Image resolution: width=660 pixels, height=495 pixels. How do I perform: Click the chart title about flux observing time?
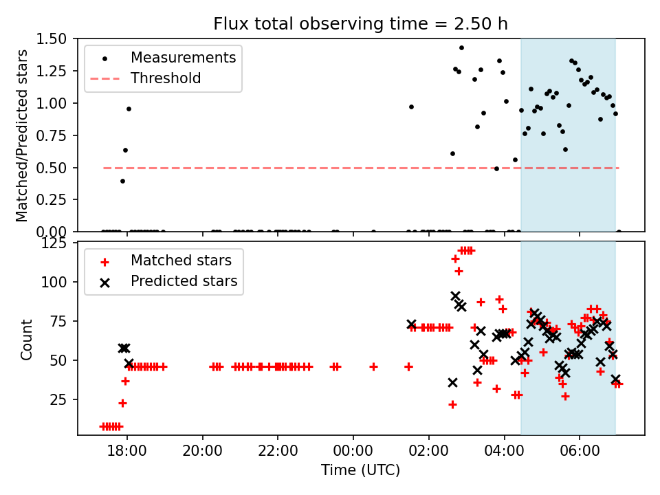tap(360, 24)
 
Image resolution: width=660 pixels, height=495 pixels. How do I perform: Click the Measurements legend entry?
tap(183, 57)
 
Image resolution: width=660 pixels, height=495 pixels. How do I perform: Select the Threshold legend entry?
tap(166, 78)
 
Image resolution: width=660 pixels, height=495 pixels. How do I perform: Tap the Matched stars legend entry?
tap(181, 261)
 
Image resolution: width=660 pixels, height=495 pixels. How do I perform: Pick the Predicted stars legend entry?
tap(184, 281)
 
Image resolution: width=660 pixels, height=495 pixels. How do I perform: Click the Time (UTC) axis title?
tap(360, 471)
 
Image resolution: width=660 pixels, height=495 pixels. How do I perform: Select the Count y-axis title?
tap(26, 339)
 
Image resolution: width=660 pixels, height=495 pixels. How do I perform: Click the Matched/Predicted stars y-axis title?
tap(23, 135)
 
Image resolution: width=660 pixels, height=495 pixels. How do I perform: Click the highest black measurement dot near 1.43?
tap(461, 47)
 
